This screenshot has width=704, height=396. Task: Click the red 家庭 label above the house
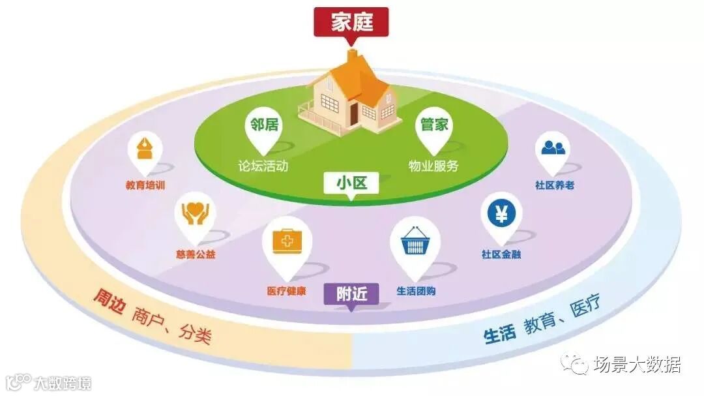click(351, 22)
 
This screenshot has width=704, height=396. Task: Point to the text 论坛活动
click(263, 166)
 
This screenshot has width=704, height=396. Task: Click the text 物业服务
click(433, 166)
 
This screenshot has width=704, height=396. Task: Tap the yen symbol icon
click(501, 213)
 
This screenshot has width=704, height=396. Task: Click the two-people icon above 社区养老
click(553, 148)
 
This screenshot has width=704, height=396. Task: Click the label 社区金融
click(501, 254)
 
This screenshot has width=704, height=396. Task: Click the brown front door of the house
click(353, 114)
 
